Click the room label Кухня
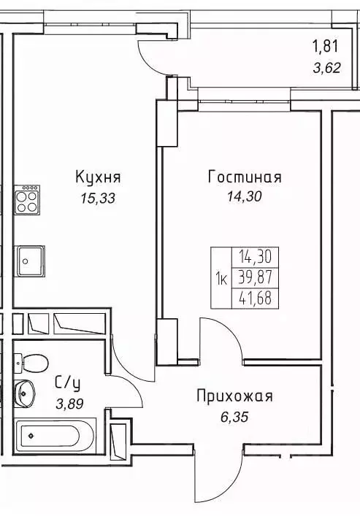coord(97,177)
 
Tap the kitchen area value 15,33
coord(96,197)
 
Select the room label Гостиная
coord(245,177)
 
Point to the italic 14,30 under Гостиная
coord(245,197)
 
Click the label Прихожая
coord(234,396)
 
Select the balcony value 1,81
coord(326,48)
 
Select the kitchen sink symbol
coord(28,259)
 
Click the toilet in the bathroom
coord(31,361)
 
